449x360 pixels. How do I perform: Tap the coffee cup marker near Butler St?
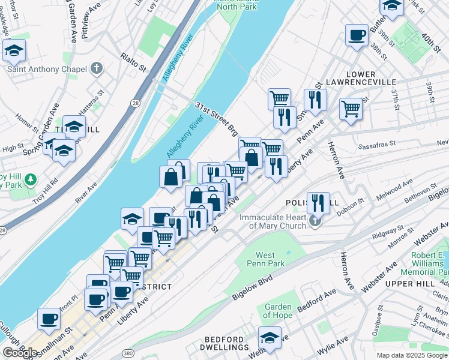point(357,35)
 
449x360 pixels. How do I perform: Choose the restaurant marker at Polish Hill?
point(318,203)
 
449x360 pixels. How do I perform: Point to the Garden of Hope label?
point(278,311)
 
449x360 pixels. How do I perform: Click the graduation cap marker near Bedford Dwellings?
point(270,338)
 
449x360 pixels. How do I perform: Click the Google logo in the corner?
point(20,352)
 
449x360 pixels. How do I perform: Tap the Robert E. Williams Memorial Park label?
point(427,263)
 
